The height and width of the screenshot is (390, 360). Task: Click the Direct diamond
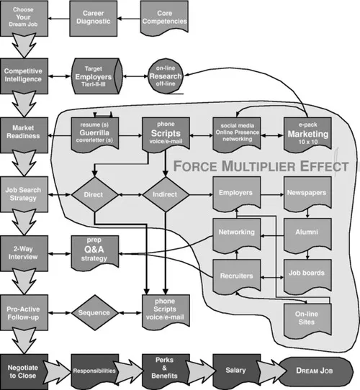point(96,195)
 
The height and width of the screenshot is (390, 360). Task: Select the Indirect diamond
point(165,195)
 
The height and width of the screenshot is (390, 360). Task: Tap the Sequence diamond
point(96,313)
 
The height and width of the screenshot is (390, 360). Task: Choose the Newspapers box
point(304,195)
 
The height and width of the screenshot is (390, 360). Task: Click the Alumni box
point(304,235)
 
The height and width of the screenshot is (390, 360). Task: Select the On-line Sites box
point(304,314)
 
